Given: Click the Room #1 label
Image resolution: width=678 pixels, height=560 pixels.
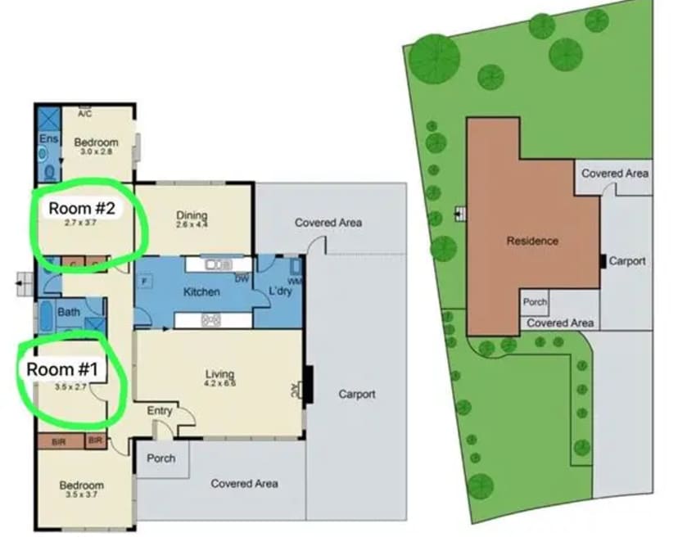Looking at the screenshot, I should point(62,369).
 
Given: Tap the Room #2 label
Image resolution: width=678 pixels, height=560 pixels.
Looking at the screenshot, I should point(81,208).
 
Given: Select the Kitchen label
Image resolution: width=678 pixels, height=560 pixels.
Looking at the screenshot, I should point(201,291).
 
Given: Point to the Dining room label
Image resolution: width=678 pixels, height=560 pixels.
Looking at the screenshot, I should point(192,216).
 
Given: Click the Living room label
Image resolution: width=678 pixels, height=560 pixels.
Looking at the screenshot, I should point(219,374).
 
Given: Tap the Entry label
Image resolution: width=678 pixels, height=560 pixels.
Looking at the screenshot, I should point(159,410).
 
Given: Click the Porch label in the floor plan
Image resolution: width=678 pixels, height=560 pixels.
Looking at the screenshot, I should point(160,458).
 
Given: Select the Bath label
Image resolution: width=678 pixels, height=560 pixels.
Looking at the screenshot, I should point(69,311).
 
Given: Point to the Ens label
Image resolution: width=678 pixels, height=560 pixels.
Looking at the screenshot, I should point(47,139).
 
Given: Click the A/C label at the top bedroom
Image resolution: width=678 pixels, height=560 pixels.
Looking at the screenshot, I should point(84,114).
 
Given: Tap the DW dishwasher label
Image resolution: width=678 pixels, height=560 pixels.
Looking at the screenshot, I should point(242,279).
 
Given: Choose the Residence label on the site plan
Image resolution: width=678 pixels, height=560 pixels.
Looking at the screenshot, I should point(532,241).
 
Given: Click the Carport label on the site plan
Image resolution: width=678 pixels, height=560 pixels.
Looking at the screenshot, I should point(627,261).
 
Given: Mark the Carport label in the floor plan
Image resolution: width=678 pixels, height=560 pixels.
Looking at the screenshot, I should point(357,394).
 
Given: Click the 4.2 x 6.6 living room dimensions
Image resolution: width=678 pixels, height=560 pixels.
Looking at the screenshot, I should point(219,383).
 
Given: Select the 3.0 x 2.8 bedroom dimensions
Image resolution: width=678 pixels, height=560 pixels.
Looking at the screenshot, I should point(97,152).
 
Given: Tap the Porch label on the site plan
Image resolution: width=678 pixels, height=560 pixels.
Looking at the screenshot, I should point(535,302).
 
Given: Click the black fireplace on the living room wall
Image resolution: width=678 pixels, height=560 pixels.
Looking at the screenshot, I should point(308,384).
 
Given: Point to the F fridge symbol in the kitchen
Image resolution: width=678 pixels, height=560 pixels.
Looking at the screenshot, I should point(145,281).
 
